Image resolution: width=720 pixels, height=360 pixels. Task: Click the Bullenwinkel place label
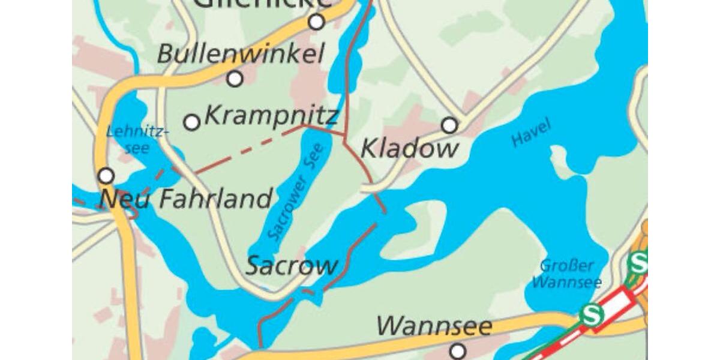coord(241,54)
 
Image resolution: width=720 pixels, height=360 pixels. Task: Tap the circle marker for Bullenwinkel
coord(235,79)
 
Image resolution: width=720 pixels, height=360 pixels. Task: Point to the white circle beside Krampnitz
coord(191,122)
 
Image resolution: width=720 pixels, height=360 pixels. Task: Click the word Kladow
coord(410,149)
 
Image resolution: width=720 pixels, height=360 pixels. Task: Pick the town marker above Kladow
coord(449,125)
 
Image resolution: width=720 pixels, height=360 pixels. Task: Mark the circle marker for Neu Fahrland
coord(106,176)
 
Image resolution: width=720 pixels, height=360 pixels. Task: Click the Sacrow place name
coord(292,266)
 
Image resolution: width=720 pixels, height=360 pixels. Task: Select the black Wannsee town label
coord(434,327)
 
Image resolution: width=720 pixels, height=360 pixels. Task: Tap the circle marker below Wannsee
coord(458,350)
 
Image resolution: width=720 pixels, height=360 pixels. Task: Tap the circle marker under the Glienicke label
coord(316,22)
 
